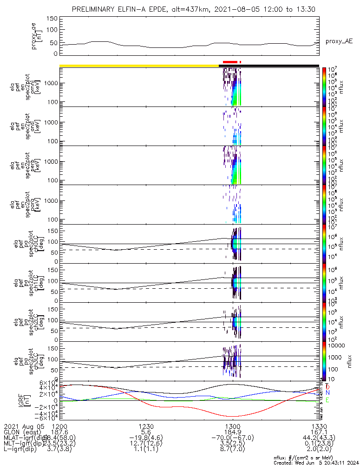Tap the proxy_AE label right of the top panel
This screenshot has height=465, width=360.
click(x=339, y=41)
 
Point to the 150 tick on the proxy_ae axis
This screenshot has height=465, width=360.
click(x=52, y=18)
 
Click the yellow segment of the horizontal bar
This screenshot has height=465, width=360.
click(x=139, y=66)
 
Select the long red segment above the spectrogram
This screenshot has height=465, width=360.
click(x=229, y=62)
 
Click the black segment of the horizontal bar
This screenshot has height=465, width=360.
click(x=279, y=66)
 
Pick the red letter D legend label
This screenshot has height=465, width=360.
click(x=327, y=386)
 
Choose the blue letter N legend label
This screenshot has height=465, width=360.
click(x=327, y=393)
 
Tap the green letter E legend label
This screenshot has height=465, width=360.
click(x=327, y=400)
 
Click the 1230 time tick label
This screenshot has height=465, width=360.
click(x=146, y=426)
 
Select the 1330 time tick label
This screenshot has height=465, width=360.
click(x=319, y=426)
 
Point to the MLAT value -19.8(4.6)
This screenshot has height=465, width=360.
click(x=146, y=437)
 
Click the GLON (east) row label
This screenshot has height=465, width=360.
click(x=21, y=432)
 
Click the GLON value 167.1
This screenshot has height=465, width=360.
click(x=319, y=432)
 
